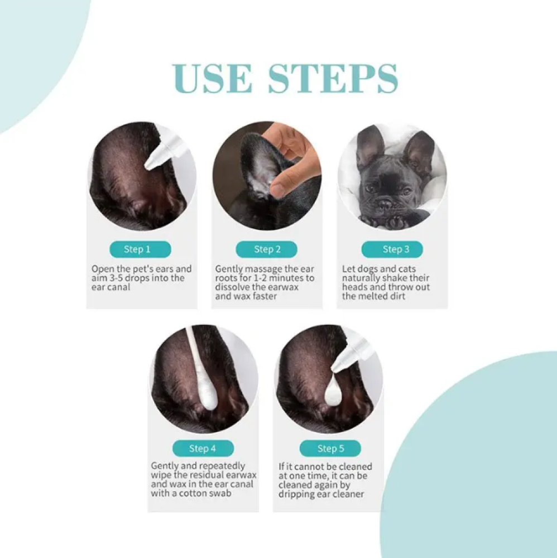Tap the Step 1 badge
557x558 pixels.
pos(140,249)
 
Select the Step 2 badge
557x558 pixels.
pos(267,249)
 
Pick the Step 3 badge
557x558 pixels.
pos(392,249)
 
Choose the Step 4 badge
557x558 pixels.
pos(203,449)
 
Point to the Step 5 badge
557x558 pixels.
pos(330,449)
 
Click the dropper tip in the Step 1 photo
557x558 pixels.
pos(149,165)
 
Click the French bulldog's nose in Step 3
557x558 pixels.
pos(385,204)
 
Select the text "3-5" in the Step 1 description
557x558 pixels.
pos(115,278)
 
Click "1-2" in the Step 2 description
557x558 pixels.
pos(260,278)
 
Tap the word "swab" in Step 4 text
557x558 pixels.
pos(220,493)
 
